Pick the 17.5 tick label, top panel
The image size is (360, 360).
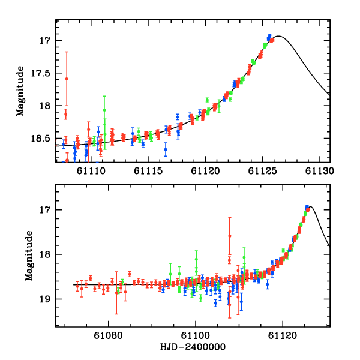pyautogui.click(x=43, y=73)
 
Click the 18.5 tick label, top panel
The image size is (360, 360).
pyautogui.click(x=43, y=138)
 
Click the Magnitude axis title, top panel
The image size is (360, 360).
pyautogui.click(x=20, y=91)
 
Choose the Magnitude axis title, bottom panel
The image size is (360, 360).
pyautogui.click(x=28, y=255)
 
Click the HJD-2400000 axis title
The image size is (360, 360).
pyautogui.click(x=193, y=347)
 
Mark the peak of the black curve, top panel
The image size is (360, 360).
pyautogui.click(x=280, y=37)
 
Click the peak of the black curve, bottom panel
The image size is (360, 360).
pyautogui.click(x=311, y=206)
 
